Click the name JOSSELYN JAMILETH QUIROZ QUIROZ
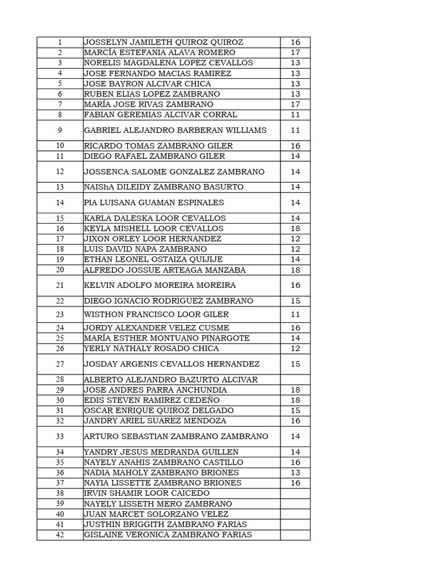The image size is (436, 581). (x=163, y=43)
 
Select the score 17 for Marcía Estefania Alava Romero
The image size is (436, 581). (x=295, y=53)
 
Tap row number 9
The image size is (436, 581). (x=60, y=130)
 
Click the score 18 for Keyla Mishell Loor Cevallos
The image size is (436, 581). (x=295, y=229)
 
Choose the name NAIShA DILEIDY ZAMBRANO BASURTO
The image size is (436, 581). (x=164, y=187)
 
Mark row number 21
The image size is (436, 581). (x=60, y=285)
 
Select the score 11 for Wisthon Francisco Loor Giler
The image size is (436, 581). (x=295, y=314)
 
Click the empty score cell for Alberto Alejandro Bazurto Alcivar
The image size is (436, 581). (x=295, y=380)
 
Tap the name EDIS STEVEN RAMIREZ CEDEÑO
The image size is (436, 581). (x=152, y=401)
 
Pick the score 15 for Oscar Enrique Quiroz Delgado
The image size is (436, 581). (x=295, y=411)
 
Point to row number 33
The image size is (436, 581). (x=60, y=437)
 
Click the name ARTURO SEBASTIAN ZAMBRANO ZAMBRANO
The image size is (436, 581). (x=176, y=437)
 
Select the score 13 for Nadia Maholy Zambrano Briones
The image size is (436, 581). (x=295, y=473)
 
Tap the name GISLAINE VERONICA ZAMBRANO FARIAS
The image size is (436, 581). (x=168, y=535)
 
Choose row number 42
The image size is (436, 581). (x=60, y=535)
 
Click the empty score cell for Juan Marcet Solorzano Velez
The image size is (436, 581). (x=295, y=514)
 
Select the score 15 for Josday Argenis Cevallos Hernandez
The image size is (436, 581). (x=295, y=364)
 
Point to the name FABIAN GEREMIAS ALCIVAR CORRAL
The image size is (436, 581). (x=157, y=115)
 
